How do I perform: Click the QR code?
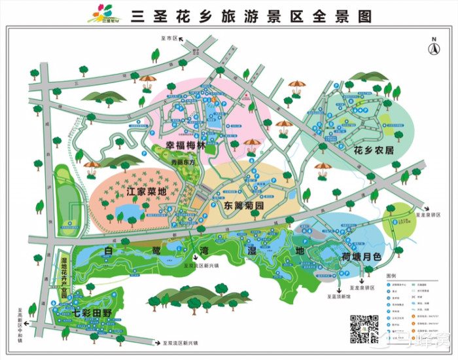pos(364,329)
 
